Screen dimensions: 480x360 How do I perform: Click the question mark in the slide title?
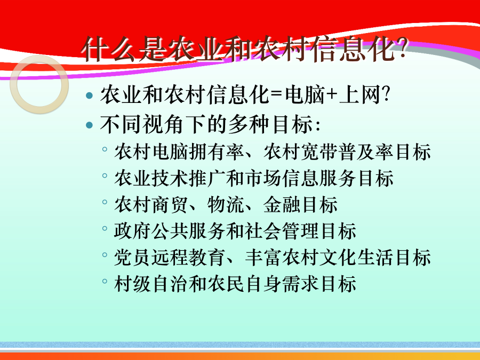[x=402, y=49]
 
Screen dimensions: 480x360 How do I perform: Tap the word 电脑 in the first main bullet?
[x=305, y=94]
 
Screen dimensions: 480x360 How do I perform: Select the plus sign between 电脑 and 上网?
[x=331, y=94]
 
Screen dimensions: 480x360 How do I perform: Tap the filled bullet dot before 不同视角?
[x=90, y=125]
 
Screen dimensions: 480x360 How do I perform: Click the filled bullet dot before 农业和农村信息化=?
[x=90, y=95]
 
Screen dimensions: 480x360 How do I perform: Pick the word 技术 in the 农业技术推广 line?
[x=170, y=178]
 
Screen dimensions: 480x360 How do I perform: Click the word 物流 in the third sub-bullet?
[x=226, y=204]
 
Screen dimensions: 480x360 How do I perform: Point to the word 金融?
[x=282, y=204]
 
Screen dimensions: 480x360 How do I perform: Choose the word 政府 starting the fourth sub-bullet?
[x=133, y=231]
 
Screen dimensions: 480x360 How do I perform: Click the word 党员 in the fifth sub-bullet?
[x=133, y=258]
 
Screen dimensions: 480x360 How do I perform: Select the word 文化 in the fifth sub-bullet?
[x=338, y=258]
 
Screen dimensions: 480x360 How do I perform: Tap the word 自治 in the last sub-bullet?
[x=170, y=284]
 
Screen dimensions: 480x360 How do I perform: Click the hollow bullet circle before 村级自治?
[x=105, y=281]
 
